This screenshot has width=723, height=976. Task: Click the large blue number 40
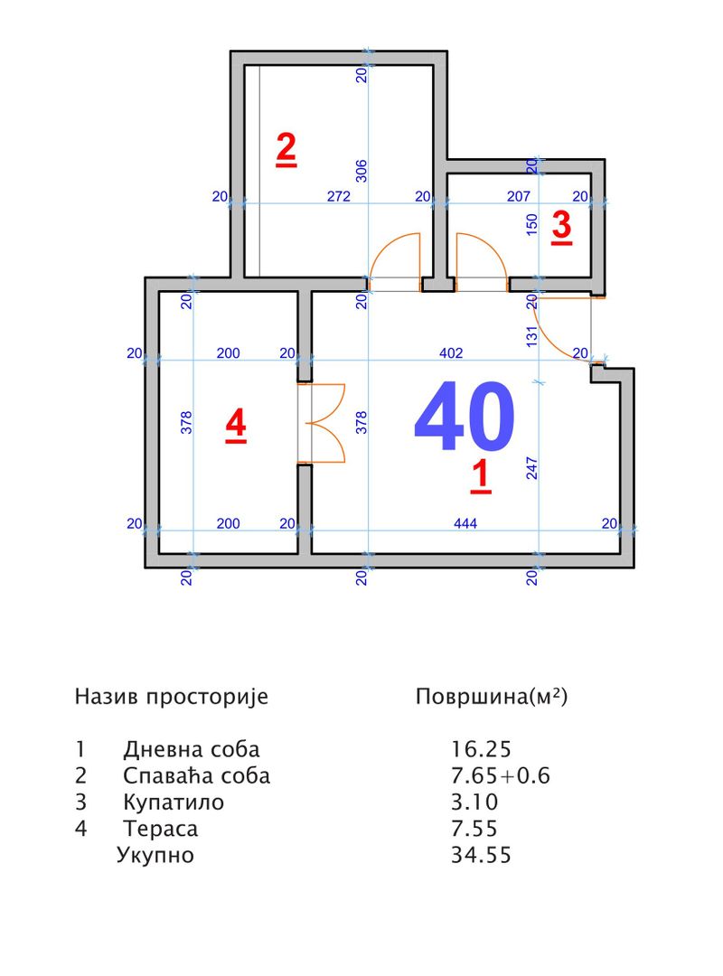pos(464,417)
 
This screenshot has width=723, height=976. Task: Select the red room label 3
pos(561,225)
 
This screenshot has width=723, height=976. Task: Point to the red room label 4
pos(236,424)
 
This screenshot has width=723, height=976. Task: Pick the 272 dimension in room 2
pos(338,196)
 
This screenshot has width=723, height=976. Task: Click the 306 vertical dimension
pos(361,171)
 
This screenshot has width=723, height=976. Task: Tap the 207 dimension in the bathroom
pos(518,196)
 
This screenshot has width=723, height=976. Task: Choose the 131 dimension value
pos(531,333)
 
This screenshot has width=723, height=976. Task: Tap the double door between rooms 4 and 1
pos(322,424)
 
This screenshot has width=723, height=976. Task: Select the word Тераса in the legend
pos(160,828)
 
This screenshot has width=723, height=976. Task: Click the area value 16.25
pos(481,749)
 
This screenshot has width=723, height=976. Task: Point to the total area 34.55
pos(481,854)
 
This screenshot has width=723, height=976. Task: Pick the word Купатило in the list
pos(173,802)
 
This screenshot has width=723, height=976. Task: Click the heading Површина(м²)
pos(491,697)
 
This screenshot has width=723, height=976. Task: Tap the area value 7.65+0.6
pos(501,775)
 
